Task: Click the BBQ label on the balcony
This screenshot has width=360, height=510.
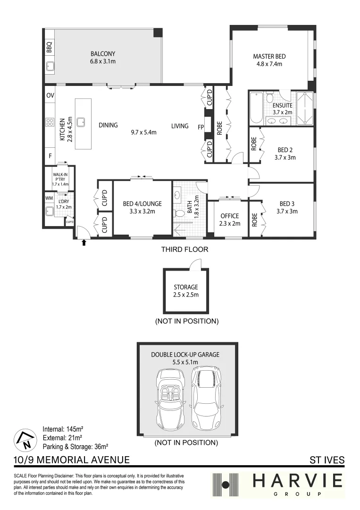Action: [x=49, y=48]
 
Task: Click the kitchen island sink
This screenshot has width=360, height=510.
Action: [x=81, y=122]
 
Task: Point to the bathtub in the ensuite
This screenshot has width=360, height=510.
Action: [x=256, y=109]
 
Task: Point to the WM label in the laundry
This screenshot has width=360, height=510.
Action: [x=49, y=198]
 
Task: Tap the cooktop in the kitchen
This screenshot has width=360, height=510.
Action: [x=49, y=122]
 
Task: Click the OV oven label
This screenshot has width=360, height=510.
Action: [x=50, y=95]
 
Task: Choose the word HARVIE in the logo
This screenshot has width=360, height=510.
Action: [x=297, y=481]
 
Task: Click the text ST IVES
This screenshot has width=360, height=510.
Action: [x=327, y=459]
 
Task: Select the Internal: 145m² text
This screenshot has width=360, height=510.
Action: [x=63, y=429]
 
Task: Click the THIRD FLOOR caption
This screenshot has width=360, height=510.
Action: [x=184, y=249]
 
